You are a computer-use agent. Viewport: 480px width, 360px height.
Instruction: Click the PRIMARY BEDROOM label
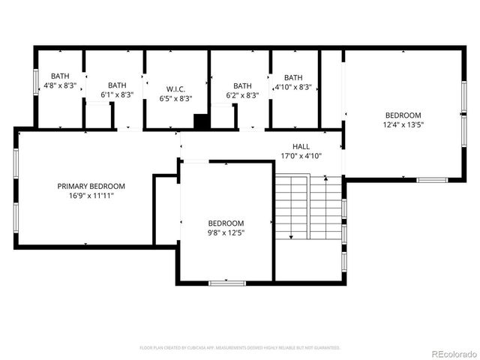(91, 186)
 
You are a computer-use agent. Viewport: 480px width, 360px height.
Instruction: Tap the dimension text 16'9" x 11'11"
(91, 196)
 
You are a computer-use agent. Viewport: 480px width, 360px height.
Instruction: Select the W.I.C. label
(175, 88)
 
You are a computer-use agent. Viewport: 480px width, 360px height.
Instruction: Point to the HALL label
(301, 147)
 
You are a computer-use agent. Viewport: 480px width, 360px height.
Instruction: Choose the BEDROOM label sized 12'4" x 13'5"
(404, 115)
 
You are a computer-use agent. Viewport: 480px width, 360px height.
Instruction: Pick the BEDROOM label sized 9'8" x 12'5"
(226, 223)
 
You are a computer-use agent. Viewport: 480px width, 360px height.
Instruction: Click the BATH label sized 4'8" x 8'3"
(60, 76)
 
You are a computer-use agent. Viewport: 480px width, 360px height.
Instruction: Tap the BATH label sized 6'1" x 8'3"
(117, 85)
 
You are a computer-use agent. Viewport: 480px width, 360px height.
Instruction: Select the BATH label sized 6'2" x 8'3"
(242, 86)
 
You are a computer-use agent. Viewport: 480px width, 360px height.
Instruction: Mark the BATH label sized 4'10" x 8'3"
(293, 77)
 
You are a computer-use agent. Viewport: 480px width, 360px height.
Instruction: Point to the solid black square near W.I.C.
(200, 121)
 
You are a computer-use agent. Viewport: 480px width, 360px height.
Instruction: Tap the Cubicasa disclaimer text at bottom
(240, 347)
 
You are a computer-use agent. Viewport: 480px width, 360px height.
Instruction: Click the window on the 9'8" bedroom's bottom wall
(227, 283)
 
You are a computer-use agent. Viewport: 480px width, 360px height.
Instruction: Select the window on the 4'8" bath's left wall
(35, 82)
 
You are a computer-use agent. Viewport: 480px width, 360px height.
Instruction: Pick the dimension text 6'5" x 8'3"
(175, 98)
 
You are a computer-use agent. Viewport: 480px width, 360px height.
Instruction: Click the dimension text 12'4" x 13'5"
(404, 125)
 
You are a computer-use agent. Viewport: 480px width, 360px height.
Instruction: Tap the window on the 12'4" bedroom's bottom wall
(432, 180)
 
